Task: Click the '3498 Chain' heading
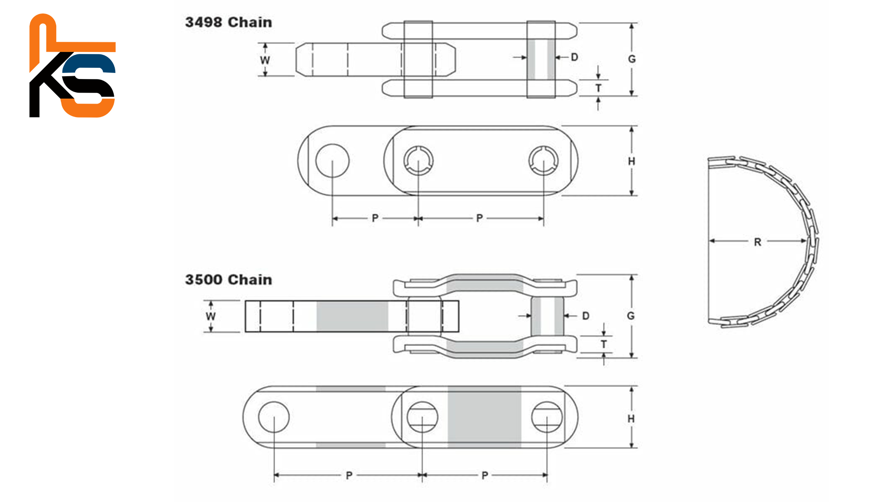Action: pyautogui.click(x=229, y=22)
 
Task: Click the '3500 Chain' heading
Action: pyautogui.click(x=229, y=280)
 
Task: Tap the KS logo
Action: pyautogui.click(x=72, y=66)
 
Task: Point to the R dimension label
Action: pyautogui.click(x=758, y=242)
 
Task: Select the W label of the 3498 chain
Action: pyautogui.click(x=265, y=60)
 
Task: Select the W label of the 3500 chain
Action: pyautogui.click(x=211, y=317)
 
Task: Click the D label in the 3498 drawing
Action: pyautogui.click(x=575, y=57)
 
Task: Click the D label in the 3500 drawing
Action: pyautogui.click(x=586, y=316)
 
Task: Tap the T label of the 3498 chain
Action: pyautogui.click(x=598, y=88)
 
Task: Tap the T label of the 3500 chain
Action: pyautogui.click(x=604, y=344)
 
